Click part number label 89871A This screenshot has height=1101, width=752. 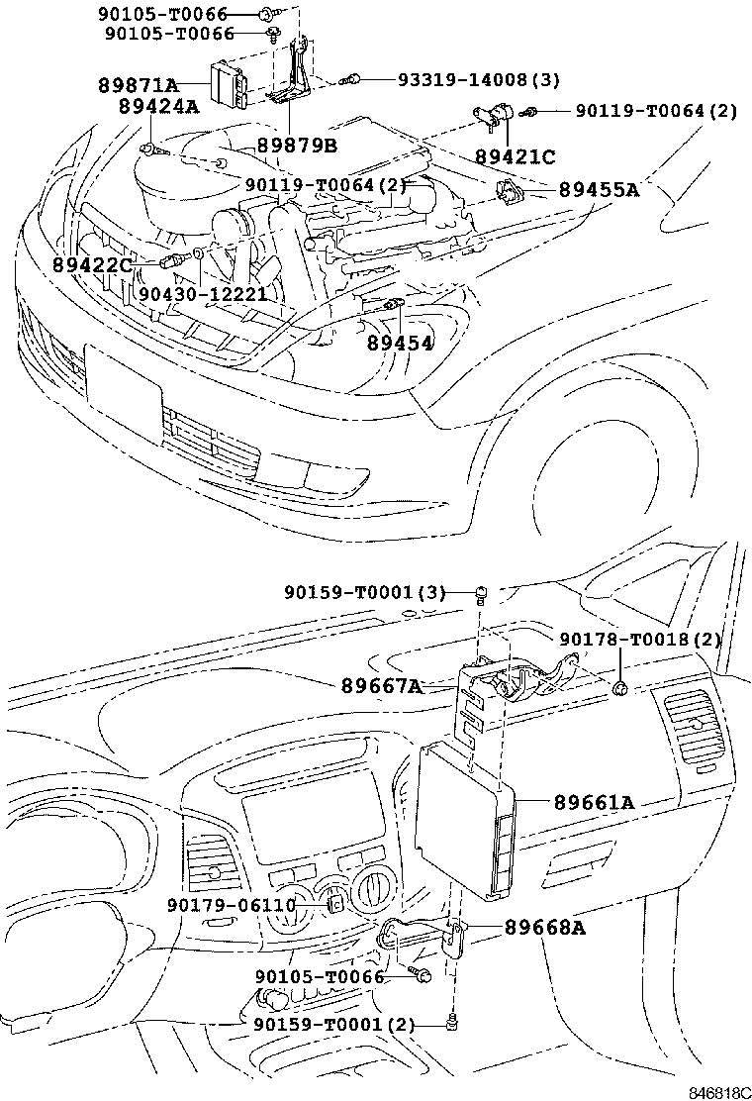tap(139, 85)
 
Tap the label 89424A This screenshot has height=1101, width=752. tap(158, 106)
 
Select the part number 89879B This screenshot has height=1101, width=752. tap(297, 146)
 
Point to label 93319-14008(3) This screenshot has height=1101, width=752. tap(479, 79)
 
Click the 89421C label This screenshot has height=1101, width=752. tap(515, 155)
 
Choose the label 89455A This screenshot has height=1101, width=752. tap(599, 189)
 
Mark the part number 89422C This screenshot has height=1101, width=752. tap(93, 264)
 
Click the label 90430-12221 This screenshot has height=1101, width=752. tap(203, 293)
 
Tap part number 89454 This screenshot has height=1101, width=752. tap(400, 343)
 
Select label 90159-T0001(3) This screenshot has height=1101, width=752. tap(365, 593)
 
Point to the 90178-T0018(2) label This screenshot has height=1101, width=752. tap(640, 640)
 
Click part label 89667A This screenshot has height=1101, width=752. tap(382, 684)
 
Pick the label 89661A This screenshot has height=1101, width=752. tap(594, 802)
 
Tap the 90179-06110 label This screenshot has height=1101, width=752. tap(232, 906)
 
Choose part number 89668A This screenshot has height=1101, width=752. tap(545, 928)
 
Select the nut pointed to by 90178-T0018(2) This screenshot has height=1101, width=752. tap(619, 689)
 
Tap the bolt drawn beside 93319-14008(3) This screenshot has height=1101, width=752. tap(351, 80)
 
